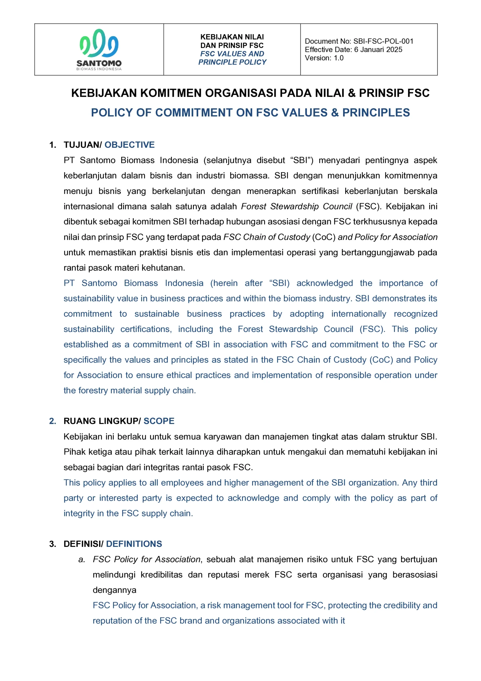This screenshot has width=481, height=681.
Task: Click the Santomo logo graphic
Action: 99,43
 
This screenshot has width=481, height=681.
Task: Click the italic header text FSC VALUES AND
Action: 232,54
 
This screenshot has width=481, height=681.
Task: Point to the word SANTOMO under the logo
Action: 99,63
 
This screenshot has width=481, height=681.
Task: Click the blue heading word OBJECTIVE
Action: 129,145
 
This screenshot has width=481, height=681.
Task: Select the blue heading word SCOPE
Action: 159,421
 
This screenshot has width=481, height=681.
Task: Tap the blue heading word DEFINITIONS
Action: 134,544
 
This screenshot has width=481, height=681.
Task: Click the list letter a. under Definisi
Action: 82,559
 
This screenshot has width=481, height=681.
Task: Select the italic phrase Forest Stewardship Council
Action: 296,206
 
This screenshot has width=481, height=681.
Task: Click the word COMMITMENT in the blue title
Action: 194,113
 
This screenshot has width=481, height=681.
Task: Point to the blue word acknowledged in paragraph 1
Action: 324,283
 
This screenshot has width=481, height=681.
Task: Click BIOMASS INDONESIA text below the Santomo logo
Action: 99,69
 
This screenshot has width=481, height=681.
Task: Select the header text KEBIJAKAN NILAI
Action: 232,37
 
